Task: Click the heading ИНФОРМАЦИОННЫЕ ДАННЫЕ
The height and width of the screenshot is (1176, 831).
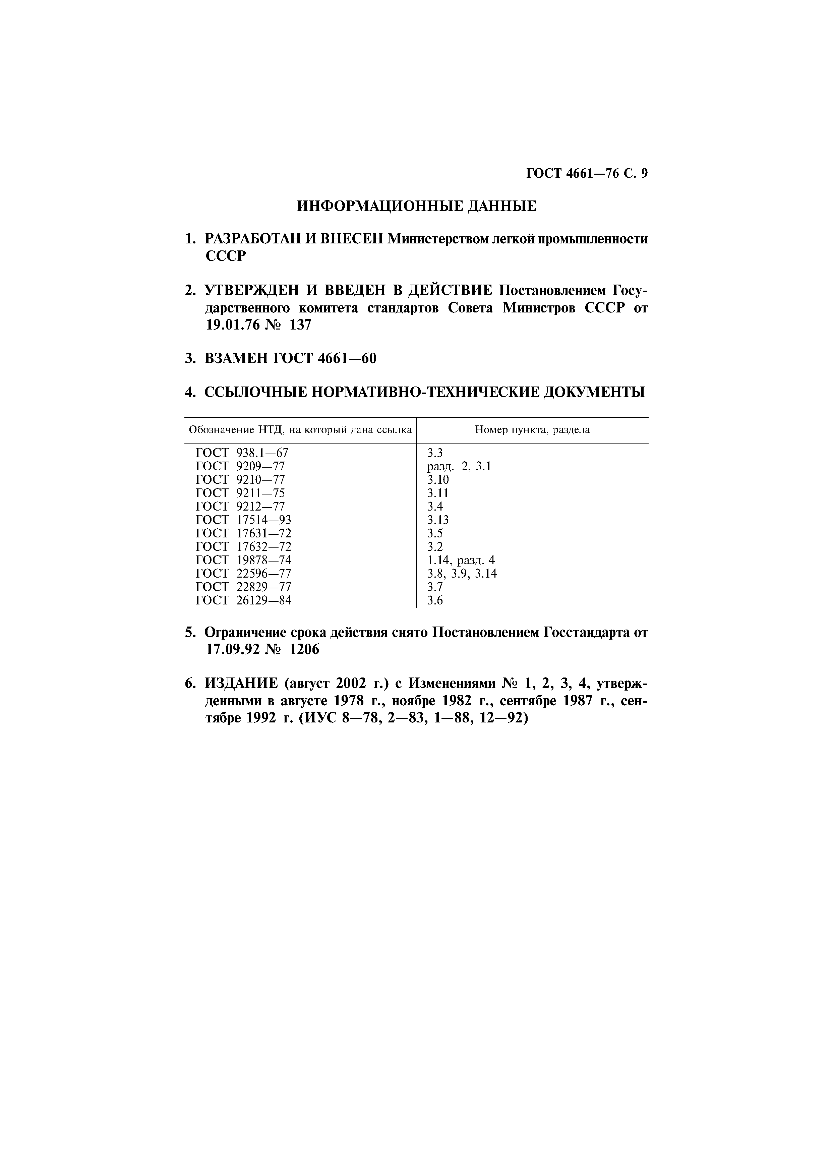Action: pos(416,207)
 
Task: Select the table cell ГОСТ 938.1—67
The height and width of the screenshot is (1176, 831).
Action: pos(242,453)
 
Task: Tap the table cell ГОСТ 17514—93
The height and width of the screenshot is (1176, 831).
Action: pos(243,520)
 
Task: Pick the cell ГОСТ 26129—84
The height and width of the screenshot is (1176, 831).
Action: pos(243,600)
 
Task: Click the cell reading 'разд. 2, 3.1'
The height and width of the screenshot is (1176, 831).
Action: pos(459,466)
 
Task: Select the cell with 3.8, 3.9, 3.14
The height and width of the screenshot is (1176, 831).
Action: pos(462,574)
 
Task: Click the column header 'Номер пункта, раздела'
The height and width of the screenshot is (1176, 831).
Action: pos(532,430)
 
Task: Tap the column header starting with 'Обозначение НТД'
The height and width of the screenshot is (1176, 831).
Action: pos(300,430)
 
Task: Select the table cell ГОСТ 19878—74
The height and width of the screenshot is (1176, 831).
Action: pos(243,560)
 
